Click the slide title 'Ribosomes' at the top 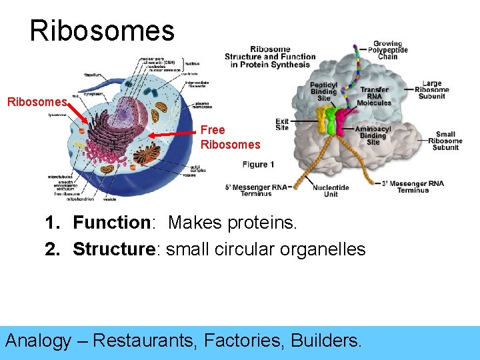click(102, 31)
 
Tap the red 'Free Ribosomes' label click(230, 137)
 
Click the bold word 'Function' click(111, 223)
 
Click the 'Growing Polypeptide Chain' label click(387, 51)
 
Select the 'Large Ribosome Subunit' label click(431, 91)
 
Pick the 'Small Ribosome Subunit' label click(445, 141)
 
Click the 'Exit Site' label click(282, 124)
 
